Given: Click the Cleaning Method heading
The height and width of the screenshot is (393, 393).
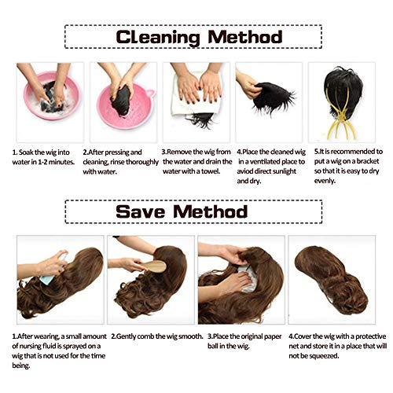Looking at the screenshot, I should click(x=196, y=37).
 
